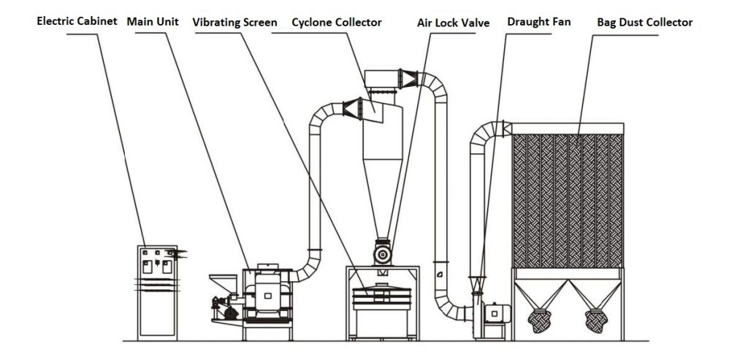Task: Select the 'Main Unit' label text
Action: [x=153, y=21]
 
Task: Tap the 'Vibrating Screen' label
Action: [x=234, y=23]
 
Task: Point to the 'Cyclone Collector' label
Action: [x=337, y=23]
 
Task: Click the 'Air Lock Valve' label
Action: [x=453, y=23]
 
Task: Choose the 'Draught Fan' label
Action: [x=539, y=22]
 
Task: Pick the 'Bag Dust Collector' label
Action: [x=644, y=23]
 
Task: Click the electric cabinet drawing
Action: [x=158, y=292]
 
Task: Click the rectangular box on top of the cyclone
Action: [x=382, y=77]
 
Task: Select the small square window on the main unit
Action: [x=268, y=295]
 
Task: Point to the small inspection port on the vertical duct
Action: [x=440, y=273]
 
